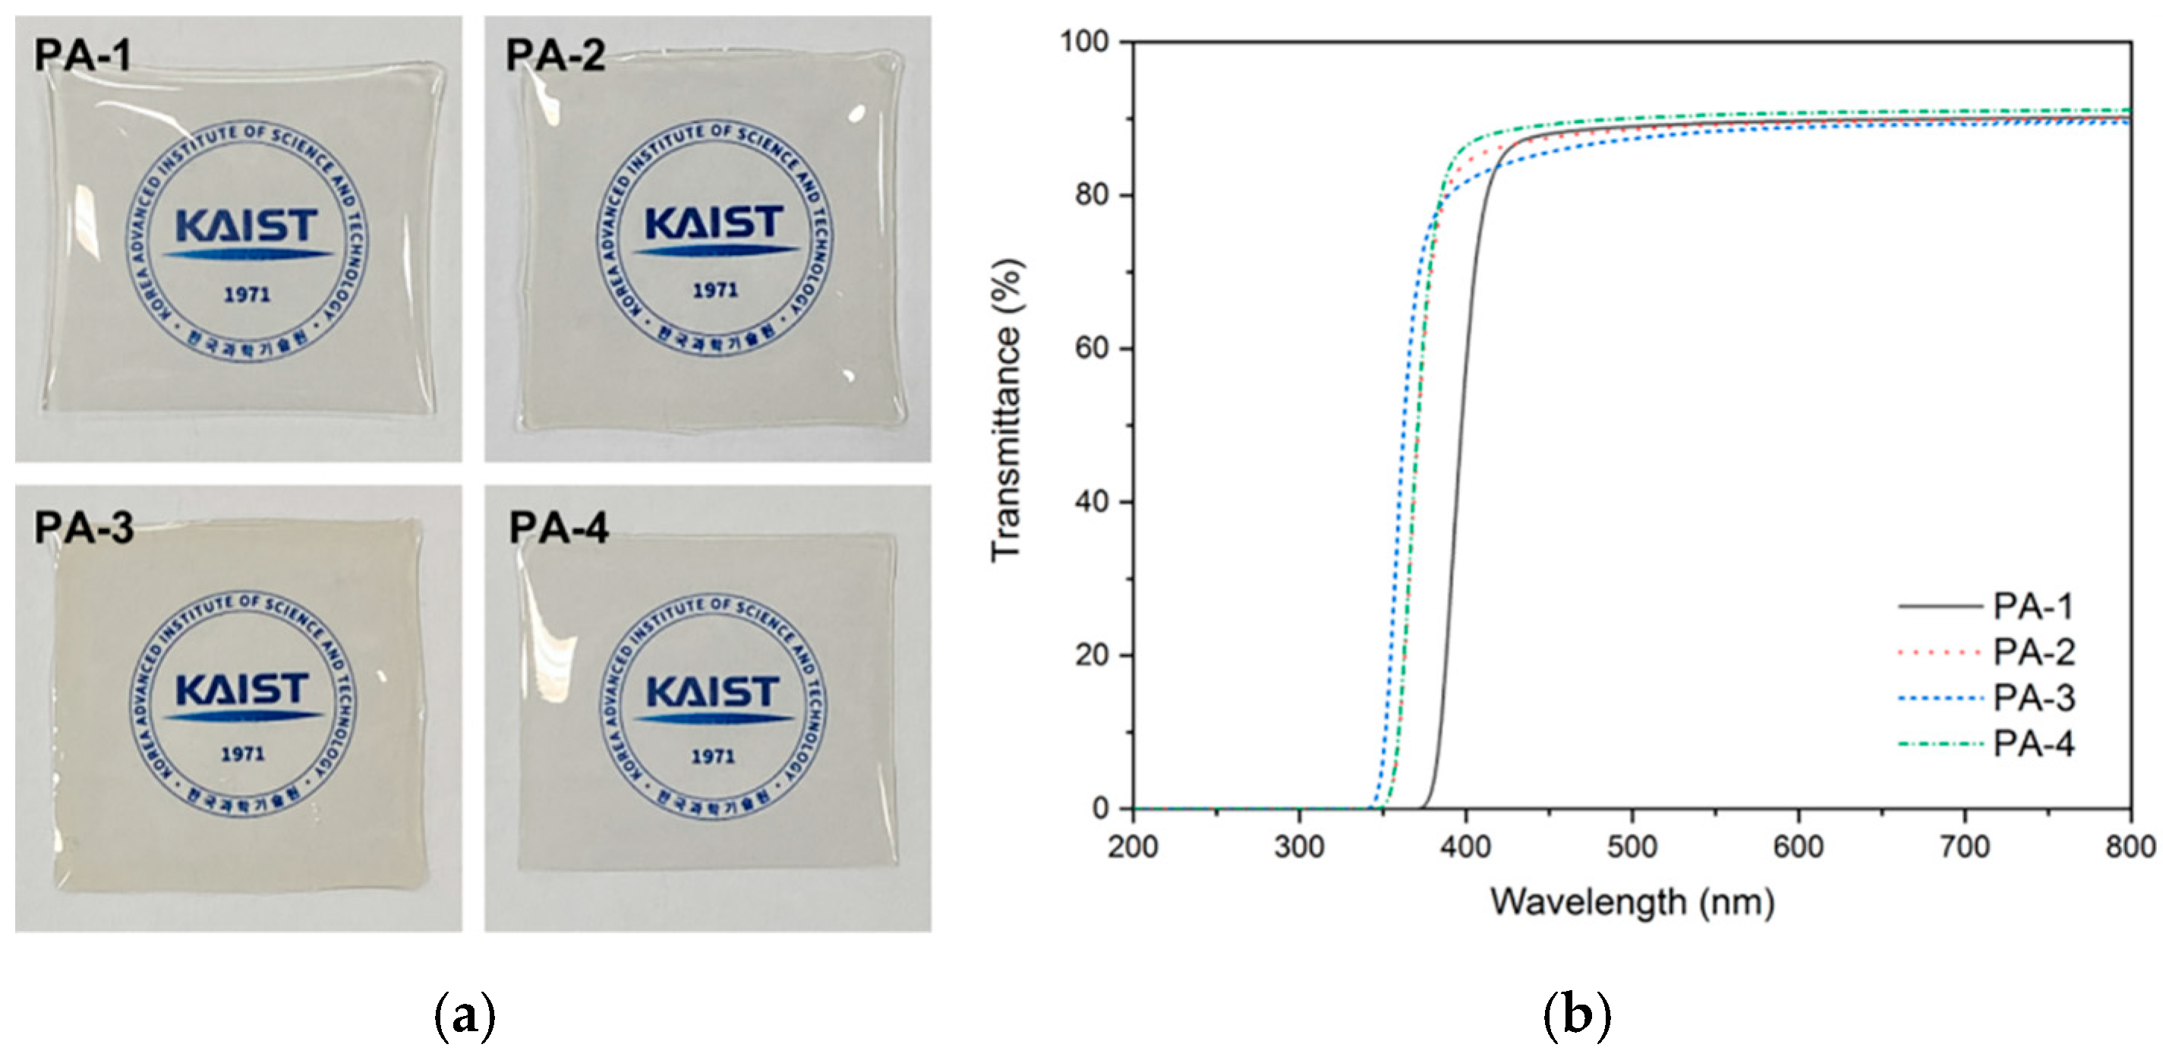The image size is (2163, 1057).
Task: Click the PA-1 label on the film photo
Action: [82, 55]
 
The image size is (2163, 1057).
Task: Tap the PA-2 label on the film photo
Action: [555, 55]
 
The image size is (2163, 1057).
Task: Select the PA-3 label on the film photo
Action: [84, 528]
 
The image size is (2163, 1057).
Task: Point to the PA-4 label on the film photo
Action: [558, 528]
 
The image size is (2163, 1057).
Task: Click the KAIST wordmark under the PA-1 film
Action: [247, 227]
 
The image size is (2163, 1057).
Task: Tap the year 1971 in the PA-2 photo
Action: [715, 291]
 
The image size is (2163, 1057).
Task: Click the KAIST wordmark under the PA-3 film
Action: [243, 690]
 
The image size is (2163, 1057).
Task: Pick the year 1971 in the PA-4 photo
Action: [713, 756]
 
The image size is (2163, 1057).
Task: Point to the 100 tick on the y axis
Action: [1084, 40]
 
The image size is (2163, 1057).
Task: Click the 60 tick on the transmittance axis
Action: [1092, 348]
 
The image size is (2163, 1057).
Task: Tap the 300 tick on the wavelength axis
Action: [1299, 846]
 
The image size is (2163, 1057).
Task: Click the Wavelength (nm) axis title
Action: [1632, 903]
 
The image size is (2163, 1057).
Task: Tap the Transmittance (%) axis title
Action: [1007, 411]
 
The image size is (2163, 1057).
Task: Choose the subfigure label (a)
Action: [465, 1017]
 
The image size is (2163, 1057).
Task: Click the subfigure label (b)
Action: [1577, 1017]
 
